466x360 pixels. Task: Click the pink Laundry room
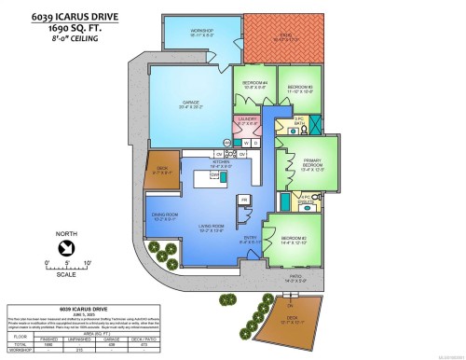(247, 122)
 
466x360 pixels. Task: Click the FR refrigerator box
(244, 200)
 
